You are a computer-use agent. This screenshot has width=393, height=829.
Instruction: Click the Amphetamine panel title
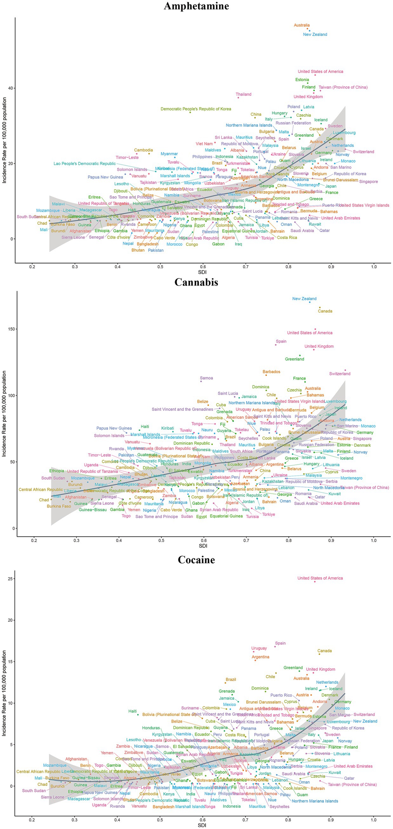196,6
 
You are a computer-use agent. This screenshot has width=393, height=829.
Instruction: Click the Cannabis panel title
196,282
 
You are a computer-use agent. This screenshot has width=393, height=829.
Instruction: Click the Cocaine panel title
196,560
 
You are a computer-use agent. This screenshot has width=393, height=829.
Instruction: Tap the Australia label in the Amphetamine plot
302,25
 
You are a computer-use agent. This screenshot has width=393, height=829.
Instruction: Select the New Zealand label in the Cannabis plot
304,299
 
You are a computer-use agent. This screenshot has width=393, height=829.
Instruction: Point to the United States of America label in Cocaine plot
320,578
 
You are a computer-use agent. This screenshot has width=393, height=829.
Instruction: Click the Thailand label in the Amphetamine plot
243,94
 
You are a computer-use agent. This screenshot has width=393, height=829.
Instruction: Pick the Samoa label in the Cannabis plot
206,378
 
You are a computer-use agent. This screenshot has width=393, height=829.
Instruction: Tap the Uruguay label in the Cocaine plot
259,648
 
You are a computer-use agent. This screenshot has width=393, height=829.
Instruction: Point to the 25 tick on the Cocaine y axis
10,579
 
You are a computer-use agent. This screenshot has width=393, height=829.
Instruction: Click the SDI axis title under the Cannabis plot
203,546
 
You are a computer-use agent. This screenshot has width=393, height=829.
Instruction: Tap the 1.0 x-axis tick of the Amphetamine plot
374,267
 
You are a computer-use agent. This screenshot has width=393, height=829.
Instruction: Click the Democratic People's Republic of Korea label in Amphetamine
196,109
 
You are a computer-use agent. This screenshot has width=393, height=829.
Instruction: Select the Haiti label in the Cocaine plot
132,711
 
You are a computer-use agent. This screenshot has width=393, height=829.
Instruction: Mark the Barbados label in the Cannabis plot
271,372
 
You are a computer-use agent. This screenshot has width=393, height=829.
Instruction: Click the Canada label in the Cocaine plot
324,651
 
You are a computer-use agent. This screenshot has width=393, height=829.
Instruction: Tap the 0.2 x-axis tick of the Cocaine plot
31,820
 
